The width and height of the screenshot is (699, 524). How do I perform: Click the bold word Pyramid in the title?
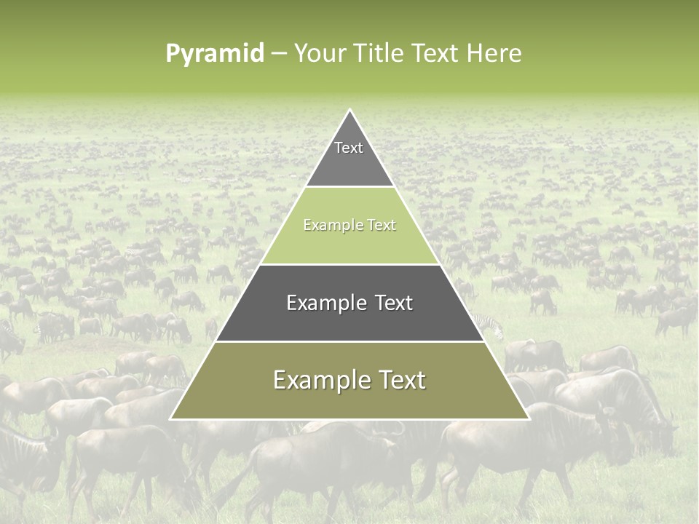pyautogui.click(x=215, y=54)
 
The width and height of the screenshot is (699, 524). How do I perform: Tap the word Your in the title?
pyautogui.click(x=320, y=54)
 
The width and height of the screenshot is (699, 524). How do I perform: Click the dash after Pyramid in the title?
pyautogui.click(x=278, y=54)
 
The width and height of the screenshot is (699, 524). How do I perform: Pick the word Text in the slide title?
pyautogui.click(x=438, y=54)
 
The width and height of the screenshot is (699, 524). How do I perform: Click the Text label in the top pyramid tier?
pyautogui.click(x=349, y=148)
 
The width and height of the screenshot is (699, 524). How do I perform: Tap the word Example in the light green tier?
pyautogui.click(x=331, y=226)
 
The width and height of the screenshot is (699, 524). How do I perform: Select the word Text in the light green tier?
pyautogui.click(x=379, y=226)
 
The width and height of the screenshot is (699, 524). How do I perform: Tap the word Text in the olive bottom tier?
pyautogui.click(x=400, y=380)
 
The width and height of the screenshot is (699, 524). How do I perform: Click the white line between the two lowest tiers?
pyautogui.click(x=349, y=341)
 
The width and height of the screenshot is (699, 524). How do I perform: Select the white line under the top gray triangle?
pyautogui.click(x=349, y=187)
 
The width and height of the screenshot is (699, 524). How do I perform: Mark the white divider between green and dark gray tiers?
pyautogui.click(x=349, y=264)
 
